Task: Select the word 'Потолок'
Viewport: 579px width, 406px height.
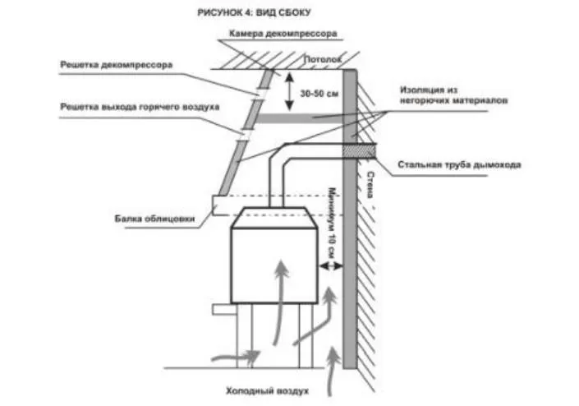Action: coord(321,60)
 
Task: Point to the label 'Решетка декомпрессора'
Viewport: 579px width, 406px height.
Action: coord(115,65)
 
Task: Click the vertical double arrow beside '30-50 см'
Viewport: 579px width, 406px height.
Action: coord(289,90)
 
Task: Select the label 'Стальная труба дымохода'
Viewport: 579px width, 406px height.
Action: coord(458,164)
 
